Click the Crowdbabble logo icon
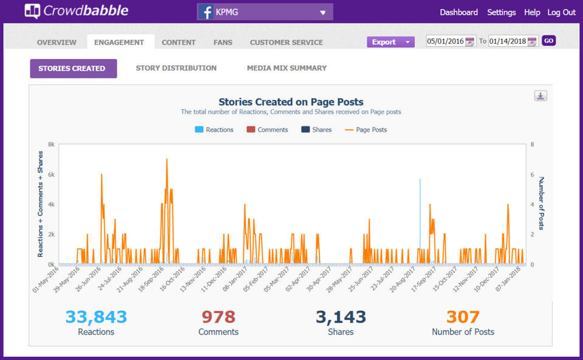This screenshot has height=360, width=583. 32,11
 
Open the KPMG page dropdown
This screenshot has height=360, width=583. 265,12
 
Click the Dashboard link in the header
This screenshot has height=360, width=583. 459,12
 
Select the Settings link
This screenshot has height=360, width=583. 501,12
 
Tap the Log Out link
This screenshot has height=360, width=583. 561,12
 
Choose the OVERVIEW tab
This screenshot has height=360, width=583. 56,42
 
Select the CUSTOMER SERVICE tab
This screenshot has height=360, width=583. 286,42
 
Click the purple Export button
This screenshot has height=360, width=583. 390,42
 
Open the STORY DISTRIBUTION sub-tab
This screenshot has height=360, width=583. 176,68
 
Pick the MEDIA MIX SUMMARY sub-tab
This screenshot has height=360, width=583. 287,68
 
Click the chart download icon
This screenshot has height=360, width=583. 540,96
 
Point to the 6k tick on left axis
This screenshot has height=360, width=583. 51,175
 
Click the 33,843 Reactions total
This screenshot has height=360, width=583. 96,317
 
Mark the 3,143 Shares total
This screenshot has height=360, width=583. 341,317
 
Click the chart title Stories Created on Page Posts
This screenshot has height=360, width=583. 291,102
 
